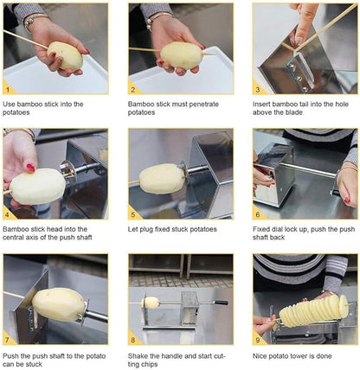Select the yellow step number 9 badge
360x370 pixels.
coord(259,338)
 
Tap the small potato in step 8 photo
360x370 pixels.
coord(152,303)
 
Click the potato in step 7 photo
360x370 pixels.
coord(59,303)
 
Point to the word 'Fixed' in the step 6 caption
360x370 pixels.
coord(264,228)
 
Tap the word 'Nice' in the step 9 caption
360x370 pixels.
coord(261,354)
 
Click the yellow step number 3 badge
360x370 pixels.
coord(259,88)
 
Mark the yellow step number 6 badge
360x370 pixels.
coord(259,213)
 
